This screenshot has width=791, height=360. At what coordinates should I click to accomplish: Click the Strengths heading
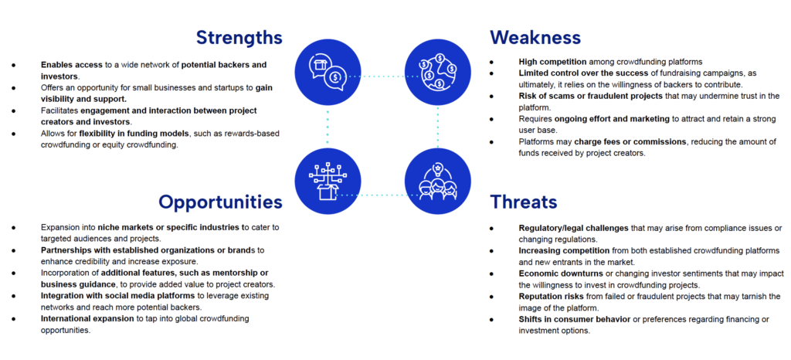click(x=239, y=37)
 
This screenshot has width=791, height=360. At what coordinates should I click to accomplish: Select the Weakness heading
click(x=535, y=37)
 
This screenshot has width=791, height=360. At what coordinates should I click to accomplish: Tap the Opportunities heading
click(x=220, y=202)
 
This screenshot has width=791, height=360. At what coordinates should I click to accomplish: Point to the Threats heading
click(x=524, y=202)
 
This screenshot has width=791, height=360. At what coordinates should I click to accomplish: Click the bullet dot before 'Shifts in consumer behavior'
click(x=491, y=320)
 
